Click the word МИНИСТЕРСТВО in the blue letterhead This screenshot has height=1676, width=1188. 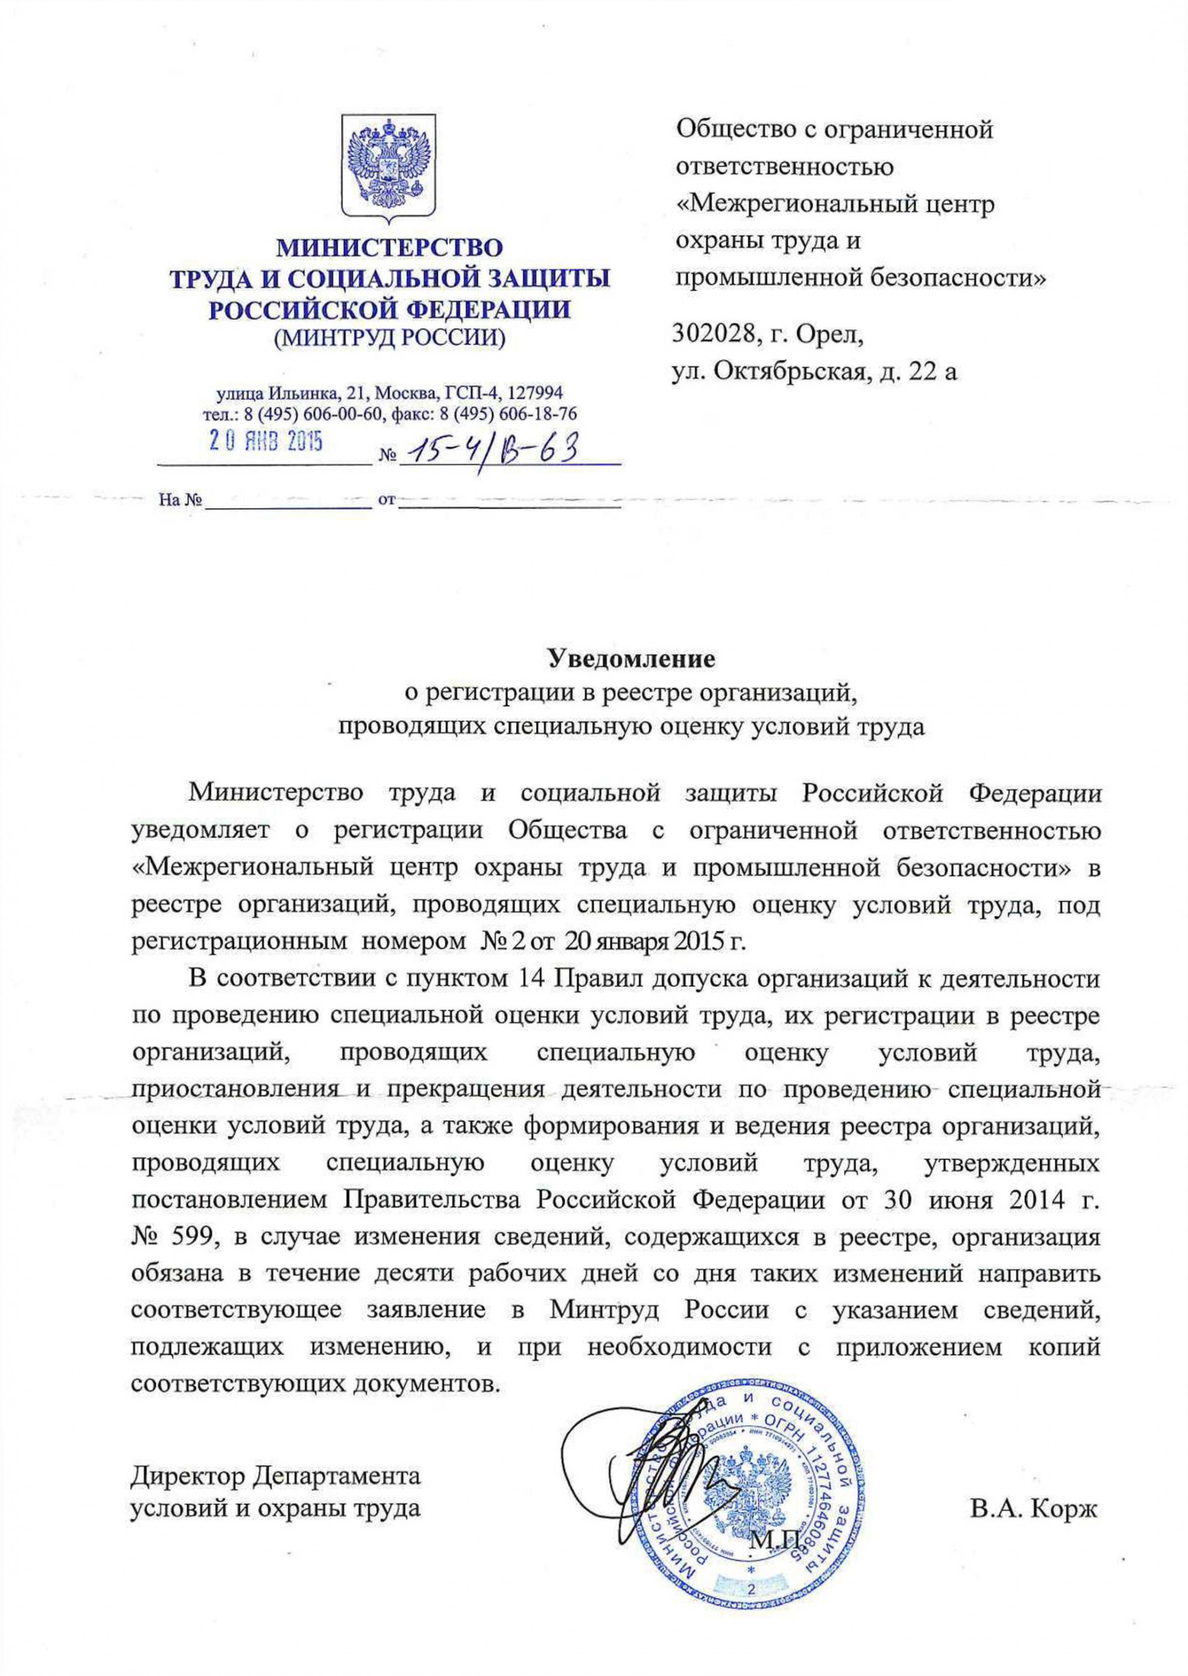(389, 249)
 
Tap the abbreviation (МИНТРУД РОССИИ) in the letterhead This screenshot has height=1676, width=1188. (389, 337)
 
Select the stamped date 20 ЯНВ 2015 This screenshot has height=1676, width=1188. (266, 442)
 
